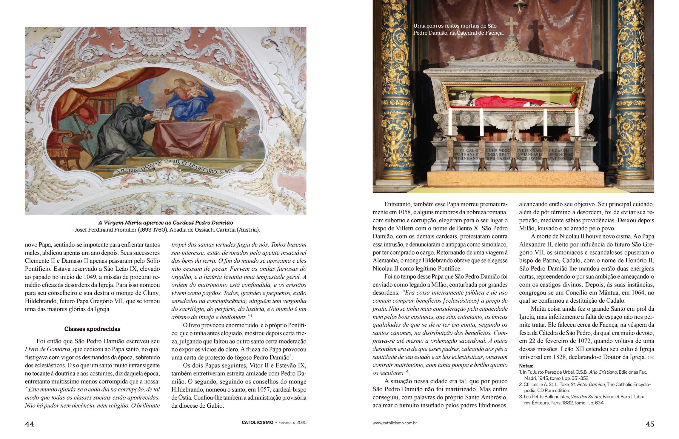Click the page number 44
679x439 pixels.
pos(29,424)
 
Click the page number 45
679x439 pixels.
pos(650,424)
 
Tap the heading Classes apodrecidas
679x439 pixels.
pos(92,329)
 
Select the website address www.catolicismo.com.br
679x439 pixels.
pos(395,423)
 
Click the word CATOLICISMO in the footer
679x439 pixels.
pos(257,422)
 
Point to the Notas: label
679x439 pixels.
pos(526,366)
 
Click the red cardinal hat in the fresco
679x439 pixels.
pos(87,115)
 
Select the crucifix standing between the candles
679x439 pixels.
pos(514,127)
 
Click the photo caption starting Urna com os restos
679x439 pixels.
pos(458,29)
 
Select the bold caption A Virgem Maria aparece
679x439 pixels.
pos(165,223)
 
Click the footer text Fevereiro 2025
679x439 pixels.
pos(292,422)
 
